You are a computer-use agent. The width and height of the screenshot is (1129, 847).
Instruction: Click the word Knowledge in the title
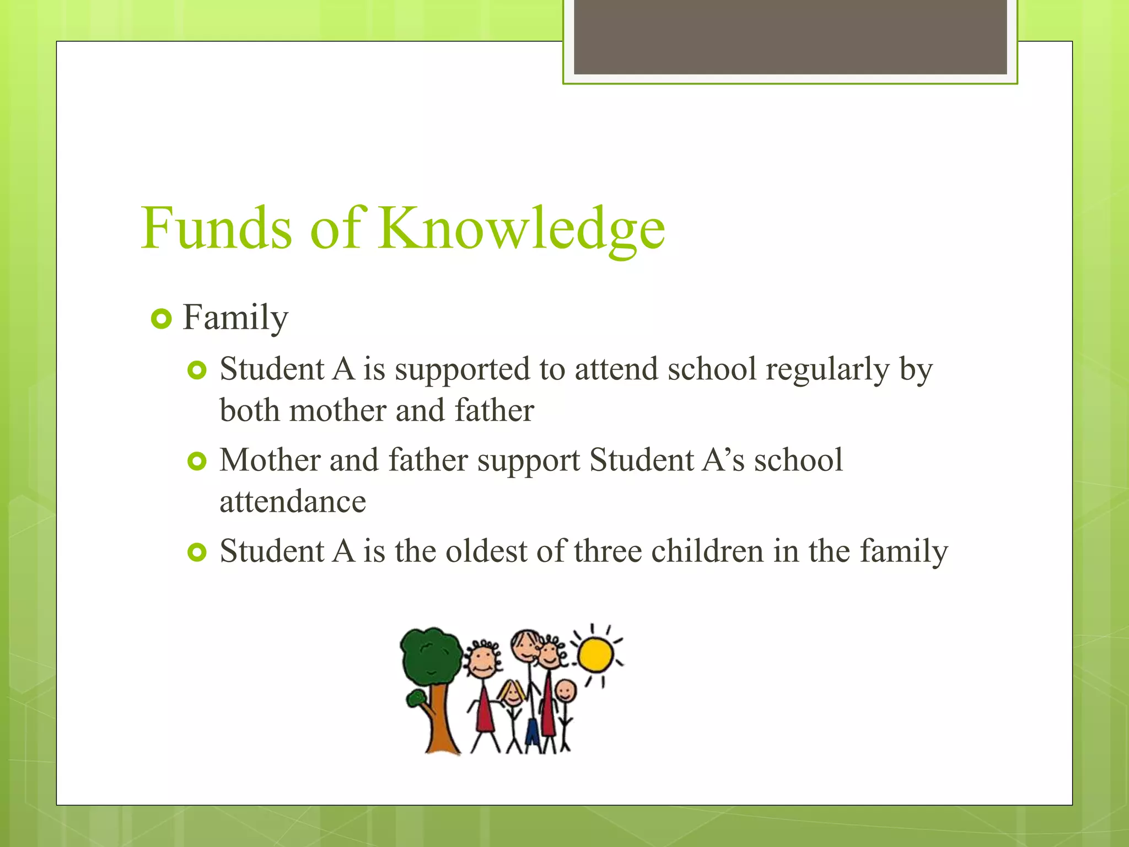click(522, 228)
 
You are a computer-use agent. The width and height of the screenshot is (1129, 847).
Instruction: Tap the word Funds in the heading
click(216, 228)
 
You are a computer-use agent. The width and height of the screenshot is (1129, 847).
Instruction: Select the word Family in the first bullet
click(235, 318)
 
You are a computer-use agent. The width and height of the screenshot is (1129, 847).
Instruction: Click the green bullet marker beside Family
click(161, 319)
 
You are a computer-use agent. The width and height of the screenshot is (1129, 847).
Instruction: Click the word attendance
click(293, 502)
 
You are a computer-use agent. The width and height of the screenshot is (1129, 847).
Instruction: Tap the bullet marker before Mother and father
click(197, 461)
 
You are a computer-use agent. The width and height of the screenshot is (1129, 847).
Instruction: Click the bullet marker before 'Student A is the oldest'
click(197, 551)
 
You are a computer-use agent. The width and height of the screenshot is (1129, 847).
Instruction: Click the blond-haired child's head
click(513, 694)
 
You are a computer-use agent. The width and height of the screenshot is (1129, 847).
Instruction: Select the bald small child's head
click(565, 690)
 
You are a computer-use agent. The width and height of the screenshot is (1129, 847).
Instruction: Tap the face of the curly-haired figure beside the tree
click(483, 661)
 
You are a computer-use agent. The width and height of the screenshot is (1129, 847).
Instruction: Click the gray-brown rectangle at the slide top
click(790, 36)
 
